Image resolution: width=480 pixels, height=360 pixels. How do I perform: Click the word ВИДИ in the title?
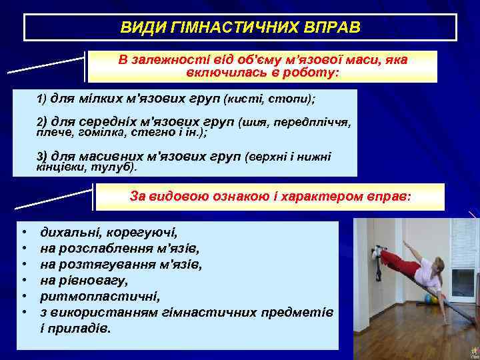pos(137,28)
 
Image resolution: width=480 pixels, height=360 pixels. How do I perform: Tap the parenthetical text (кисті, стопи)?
pos(269,99)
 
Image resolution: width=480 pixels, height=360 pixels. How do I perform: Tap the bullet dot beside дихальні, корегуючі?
pos(23,233)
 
